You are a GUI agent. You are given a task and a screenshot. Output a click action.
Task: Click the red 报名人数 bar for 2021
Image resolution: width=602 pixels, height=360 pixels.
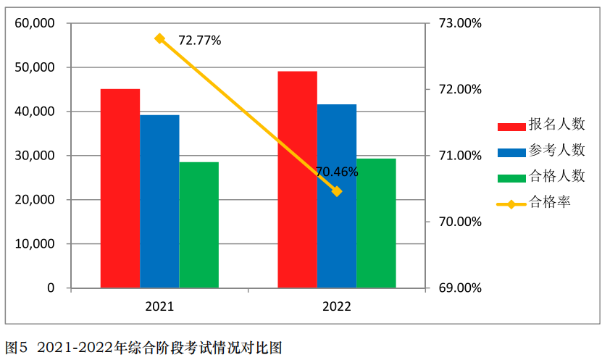click(x=120, y=188)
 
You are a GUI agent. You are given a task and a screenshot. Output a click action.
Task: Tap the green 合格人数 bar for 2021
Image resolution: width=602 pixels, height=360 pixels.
click(x=198, y=225)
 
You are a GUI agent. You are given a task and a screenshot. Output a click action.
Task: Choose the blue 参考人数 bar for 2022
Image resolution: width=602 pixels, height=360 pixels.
click(x=336, y=196)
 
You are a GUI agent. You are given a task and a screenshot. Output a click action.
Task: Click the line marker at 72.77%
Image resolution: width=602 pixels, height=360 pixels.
click(x=160, y=38)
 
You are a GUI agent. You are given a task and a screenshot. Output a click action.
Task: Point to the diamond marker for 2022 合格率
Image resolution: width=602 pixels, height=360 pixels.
click(x=337, y=191)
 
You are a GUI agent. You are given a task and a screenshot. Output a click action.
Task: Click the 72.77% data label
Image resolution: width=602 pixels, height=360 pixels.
click(x=199, y=41)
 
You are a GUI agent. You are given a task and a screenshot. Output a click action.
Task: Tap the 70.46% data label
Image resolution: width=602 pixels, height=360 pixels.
click(x=337, y=172)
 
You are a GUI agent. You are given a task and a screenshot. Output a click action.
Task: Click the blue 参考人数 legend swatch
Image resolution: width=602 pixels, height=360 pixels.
click(x=511, y=152)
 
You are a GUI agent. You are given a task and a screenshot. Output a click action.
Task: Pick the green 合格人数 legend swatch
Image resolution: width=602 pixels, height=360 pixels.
click(x=511, y=177)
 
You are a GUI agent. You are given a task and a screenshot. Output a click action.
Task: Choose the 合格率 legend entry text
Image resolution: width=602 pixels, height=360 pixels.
click(x=550, y=202)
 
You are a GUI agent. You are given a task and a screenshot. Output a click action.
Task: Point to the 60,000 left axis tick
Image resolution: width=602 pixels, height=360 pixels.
click(x=35, y=23)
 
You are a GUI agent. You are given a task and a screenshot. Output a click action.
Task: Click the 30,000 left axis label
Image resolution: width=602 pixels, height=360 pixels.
click(x=35, y=156)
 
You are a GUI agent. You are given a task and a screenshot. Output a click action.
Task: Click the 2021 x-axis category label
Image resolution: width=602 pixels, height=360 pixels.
click(x=159, y=306)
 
